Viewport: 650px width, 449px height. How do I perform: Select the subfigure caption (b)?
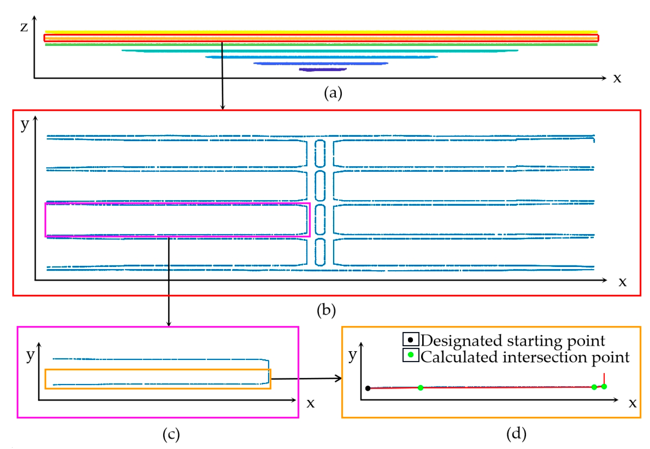point(326,311)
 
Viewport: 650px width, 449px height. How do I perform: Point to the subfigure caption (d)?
point(516,433)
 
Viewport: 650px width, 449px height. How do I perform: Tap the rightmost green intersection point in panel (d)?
point(604,387)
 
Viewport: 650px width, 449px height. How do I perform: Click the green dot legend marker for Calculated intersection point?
point(410,355)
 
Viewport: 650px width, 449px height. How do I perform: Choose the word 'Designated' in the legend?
point(461,341)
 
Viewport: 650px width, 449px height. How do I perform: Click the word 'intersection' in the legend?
point(544,357)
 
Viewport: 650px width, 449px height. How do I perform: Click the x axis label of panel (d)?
point(632,403)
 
